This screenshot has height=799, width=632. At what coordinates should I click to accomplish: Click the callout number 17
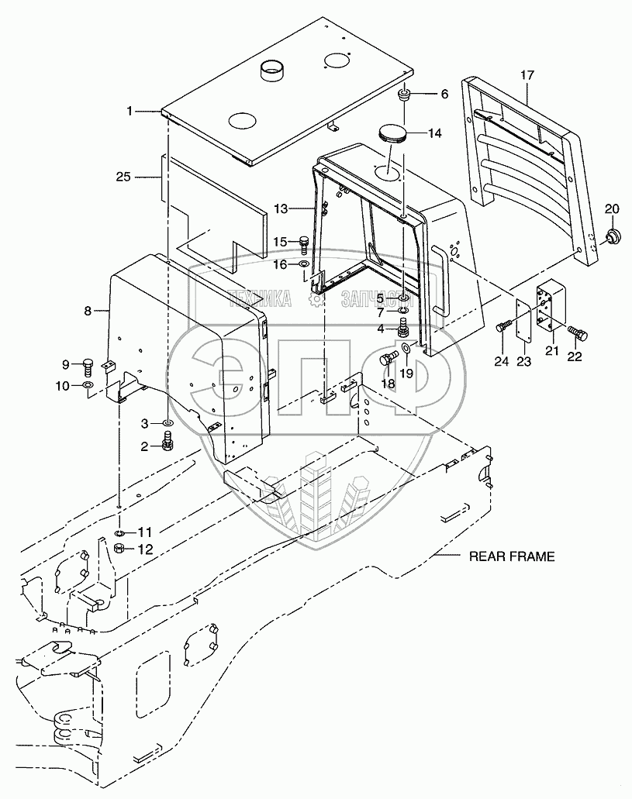tap(527, 75)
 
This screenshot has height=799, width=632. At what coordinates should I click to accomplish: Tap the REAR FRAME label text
tap(511, 556)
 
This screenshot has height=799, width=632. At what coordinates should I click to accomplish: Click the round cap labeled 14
tap(395, 133)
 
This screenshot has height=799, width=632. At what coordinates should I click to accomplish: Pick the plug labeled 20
tap(613, 235)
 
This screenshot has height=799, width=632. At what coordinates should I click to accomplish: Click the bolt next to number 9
tap(109, 363)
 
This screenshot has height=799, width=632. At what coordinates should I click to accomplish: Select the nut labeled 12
tap(121, 549)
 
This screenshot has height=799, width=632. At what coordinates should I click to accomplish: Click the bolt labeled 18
tap(389, 359)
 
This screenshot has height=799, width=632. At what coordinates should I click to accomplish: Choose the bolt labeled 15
tap(304, 243)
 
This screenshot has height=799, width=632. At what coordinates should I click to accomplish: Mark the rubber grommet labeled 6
tap(404, 97)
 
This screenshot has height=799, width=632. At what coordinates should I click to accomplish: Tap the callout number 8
tap(88, 311)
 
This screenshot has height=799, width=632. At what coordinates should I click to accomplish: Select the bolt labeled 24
tap(506, 328)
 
